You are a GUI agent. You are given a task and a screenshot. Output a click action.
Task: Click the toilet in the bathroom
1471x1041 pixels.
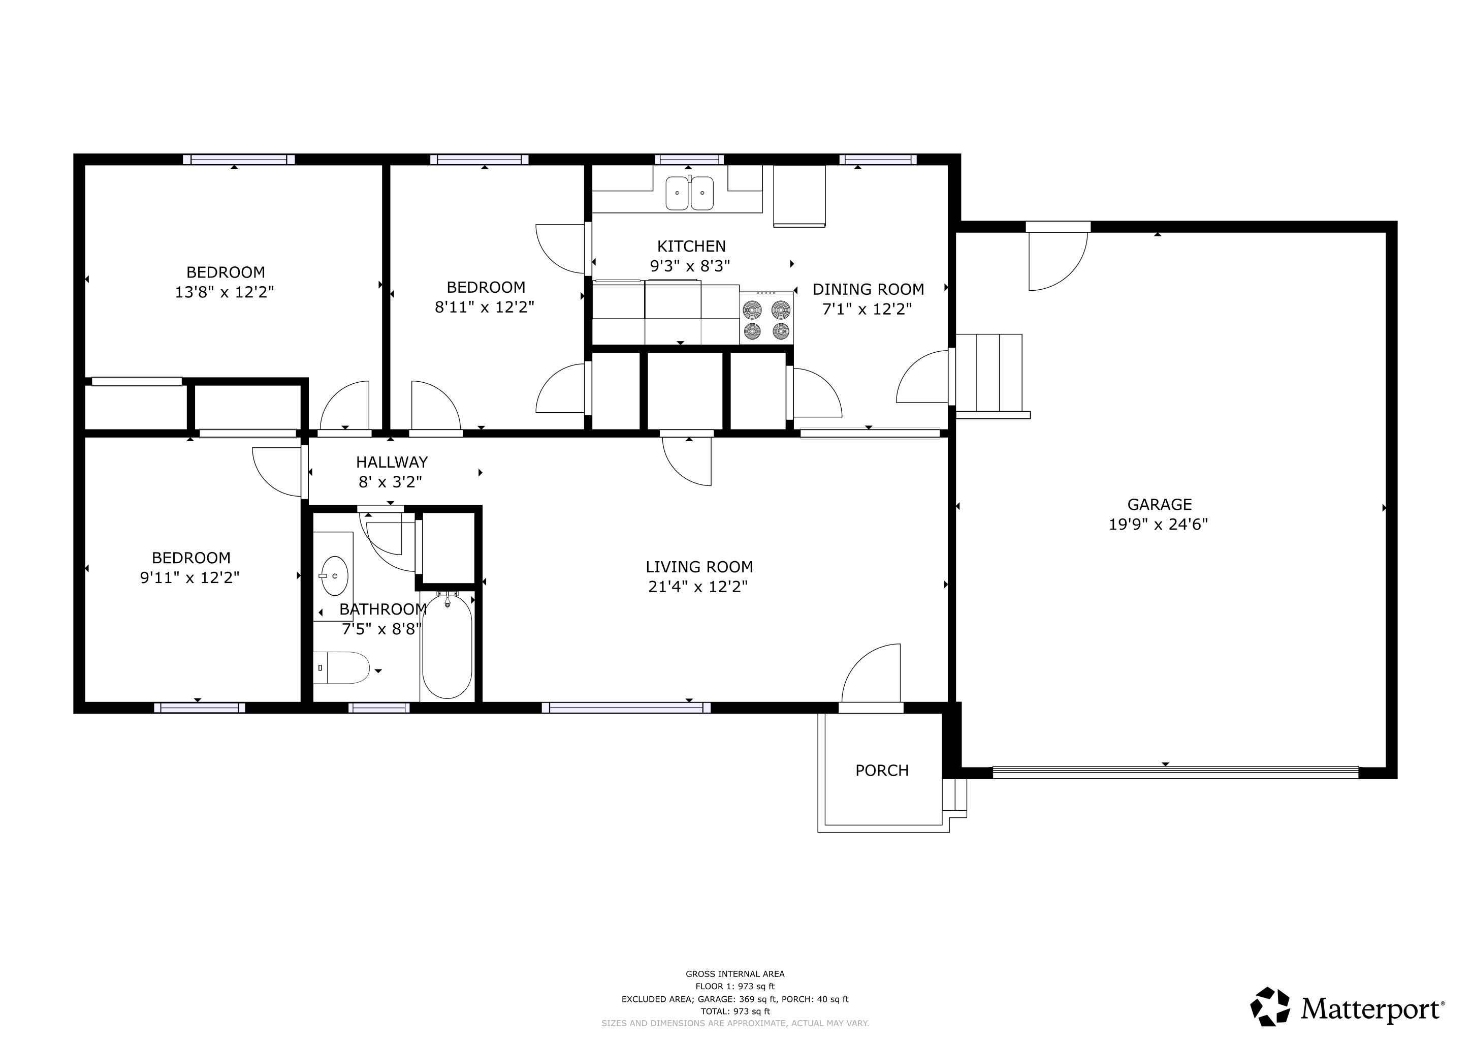343,668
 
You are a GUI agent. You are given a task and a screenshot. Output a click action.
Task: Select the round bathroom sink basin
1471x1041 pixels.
334,576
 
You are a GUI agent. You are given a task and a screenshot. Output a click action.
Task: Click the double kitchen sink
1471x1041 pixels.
689,193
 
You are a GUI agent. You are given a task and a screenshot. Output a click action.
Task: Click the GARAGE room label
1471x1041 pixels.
1159,504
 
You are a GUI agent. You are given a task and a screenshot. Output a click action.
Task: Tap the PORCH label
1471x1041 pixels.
882,771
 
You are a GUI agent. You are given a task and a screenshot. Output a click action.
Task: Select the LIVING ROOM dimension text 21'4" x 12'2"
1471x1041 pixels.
698,587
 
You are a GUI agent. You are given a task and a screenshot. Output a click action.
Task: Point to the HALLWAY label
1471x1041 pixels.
392,462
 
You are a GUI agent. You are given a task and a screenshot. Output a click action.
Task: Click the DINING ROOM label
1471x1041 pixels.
868,289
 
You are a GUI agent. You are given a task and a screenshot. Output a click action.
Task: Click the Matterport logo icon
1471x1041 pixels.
1270,1006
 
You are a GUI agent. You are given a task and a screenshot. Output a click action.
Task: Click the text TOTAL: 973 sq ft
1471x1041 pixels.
735,1012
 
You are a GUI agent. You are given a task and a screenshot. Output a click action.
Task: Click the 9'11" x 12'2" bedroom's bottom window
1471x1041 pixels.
199,708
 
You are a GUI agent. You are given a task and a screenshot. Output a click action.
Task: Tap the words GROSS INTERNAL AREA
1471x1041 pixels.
735,974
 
